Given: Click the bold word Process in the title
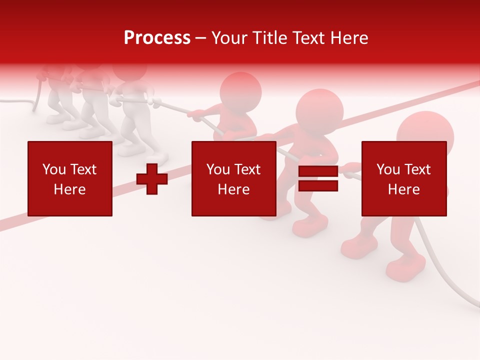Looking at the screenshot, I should pyautogui.click(x=157, y=38).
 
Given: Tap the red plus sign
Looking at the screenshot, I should pyautogui.click(x=152, y=179).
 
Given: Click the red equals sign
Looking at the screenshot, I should pyautogui.click(x=318, y=179).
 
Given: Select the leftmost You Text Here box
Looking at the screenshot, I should pyautogui.click(x=69, y=178).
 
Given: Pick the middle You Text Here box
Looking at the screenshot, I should pyautogui.click(x=233, y=178).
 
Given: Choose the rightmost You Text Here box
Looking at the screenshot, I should pyautogui.click(x=403, y=178).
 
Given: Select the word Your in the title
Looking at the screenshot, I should pyautogui.click(x=228, y=38).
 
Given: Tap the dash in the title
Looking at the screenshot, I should pyautogui.click(x=201, y=38).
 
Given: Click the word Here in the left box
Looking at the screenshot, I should pyautogui.click(x=69, y=189).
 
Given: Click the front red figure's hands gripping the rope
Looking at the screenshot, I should pyautogui.click(x=352, y=170).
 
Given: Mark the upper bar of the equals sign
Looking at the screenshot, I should pyautogui.click(x=318, y=171).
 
